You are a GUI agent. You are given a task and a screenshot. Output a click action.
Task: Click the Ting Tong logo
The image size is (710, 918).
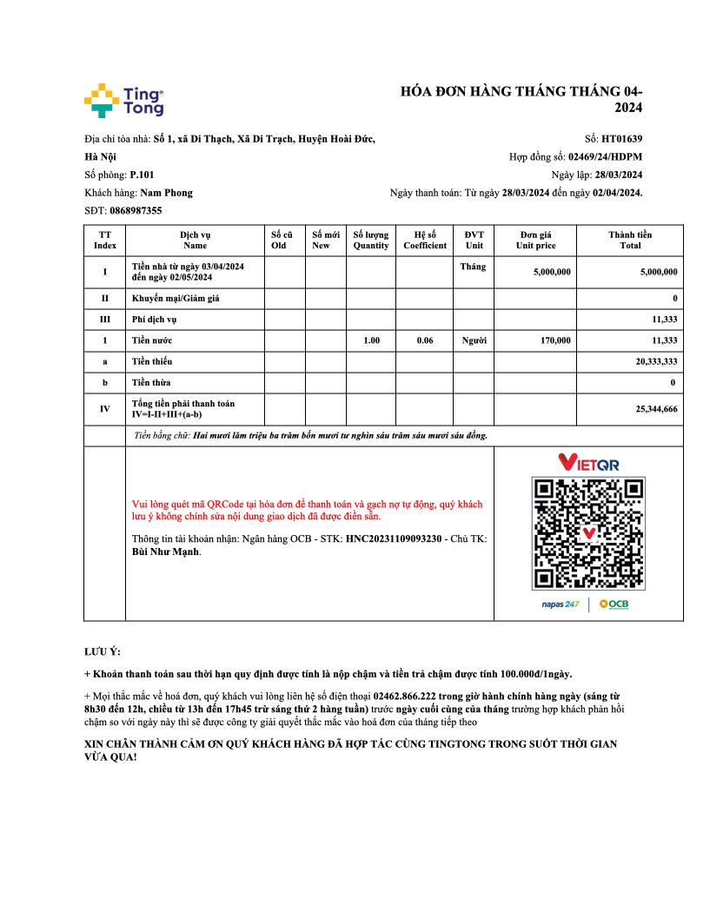123,101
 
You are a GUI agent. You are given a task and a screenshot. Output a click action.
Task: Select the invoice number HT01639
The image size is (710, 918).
622,139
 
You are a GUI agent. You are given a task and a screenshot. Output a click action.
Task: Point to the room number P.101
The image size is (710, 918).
143,175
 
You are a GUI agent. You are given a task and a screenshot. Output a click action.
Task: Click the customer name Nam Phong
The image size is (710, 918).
167,193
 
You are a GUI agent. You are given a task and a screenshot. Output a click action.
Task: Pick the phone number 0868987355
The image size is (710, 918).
136,211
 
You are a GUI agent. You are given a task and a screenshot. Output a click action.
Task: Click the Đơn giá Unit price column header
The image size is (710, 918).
535,240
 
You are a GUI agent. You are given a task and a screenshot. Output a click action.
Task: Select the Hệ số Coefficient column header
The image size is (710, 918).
425,240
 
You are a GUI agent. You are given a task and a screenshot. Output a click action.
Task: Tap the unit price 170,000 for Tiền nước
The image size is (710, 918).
554,340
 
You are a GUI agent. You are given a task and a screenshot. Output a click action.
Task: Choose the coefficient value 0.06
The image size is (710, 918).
425,340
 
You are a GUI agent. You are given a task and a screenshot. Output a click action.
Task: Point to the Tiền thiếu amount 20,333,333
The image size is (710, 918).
656,361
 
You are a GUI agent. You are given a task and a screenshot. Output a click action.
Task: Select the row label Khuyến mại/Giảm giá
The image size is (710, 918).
176,298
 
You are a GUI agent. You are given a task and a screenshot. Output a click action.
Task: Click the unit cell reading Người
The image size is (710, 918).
474,340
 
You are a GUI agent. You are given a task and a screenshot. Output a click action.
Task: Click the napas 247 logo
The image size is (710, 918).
561,604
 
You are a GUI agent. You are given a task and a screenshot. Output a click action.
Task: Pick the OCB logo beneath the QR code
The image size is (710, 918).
614,604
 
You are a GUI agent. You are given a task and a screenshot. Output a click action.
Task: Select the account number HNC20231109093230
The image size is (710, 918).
394,538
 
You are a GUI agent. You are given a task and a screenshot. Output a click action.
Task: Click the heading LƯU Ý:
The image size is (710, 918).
103,651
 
